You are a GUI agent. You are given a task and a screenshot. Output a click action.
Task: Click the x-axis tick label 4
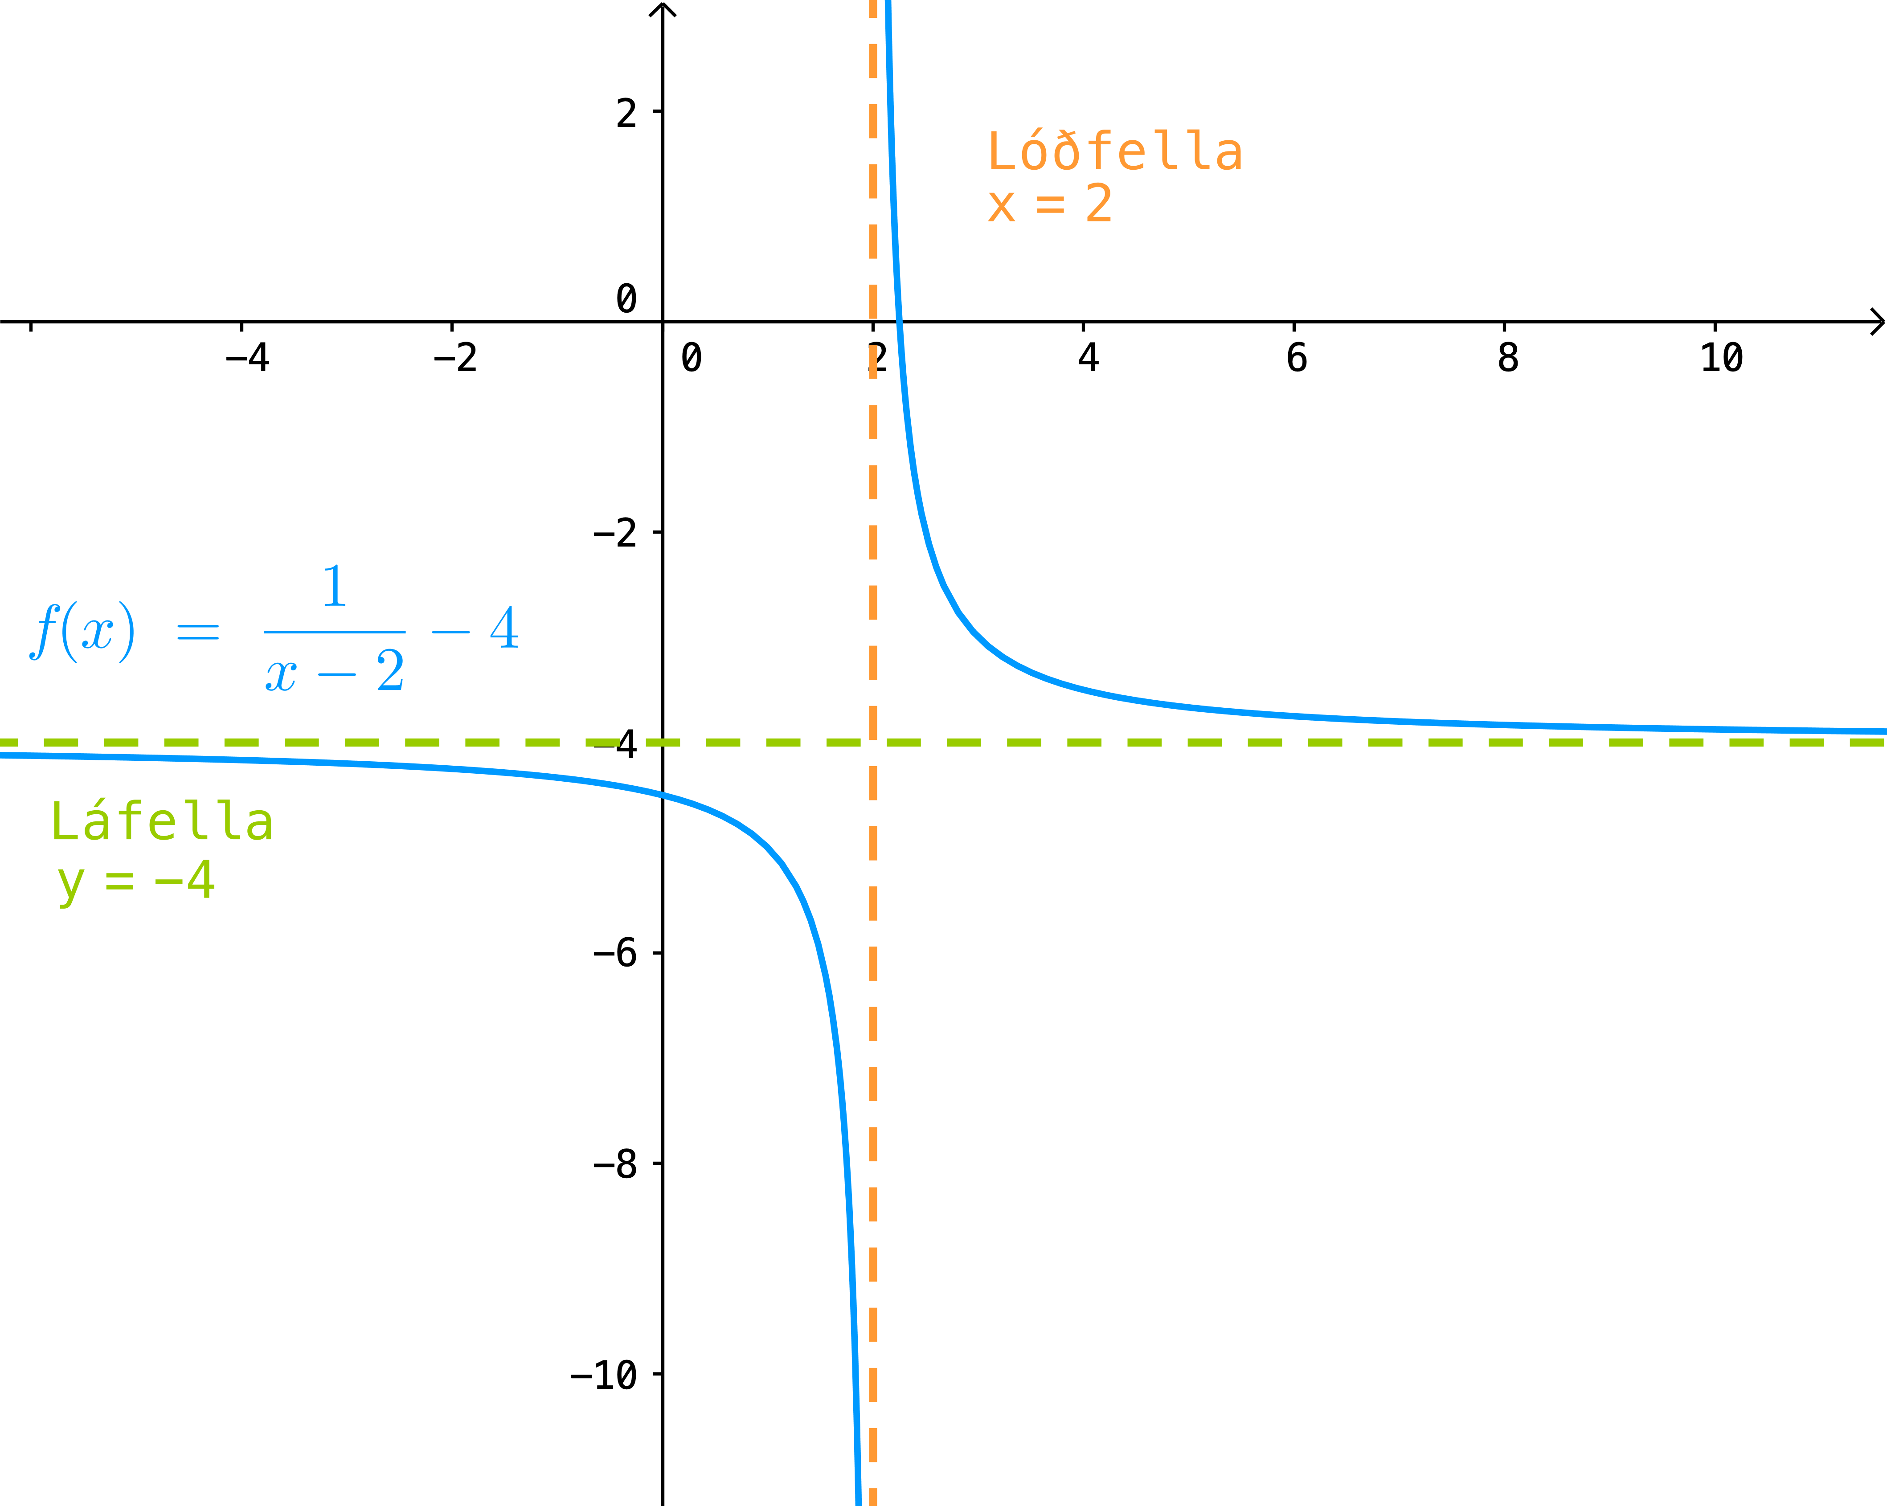pyautogui.click(x=1088, y=357)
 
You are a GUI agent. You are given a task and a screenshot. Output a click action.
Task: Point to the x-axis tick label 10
pyautogui.click(x=1722, y=357)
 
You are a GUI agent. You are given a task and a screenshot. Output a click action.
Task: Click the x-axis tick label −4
pyautogui.click(x=247, y=357)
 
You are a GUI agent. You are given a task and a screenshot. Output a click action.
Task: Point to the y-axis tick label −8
pyautogui.click(x=615, y=1164)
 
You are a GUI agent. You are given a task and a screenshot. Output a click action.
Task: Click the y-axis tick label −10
pyautogui.click(x=604, y=1375)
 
